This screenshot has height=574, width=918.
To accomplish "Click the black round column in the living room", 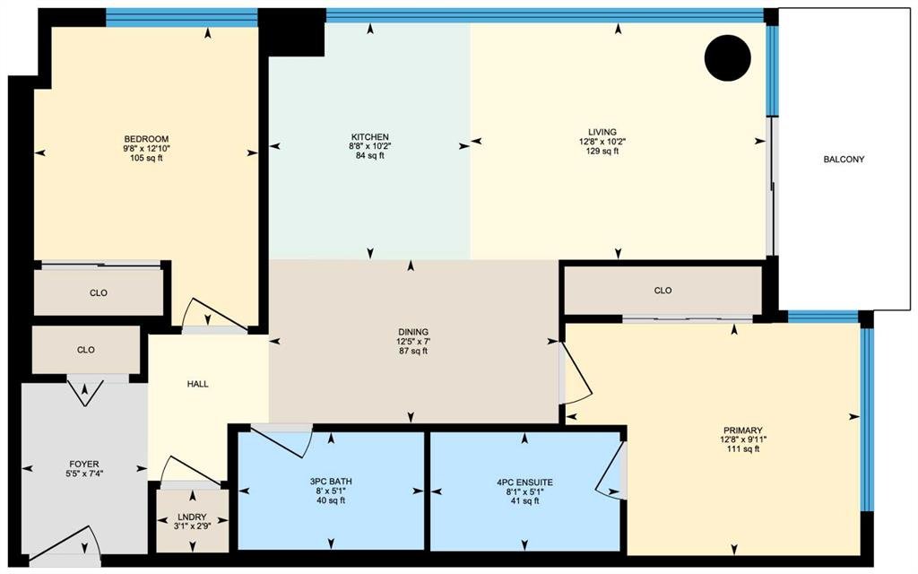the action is coord(727,57).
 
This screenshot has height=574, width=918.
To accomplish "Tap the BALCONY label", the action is coord(844,160).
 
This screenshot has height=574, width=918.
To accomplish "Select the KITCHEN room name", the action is coord(370,137).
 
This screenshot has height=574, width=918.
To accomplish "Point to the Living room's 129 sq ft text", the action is coord(602,151).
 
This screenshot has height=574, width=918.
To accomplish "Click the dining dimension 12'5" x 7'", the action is coord(413,342).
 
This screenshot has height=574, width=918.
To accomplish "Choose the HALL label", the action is coord(198,384).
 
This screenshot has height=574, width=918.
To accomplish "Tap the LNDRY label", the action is coord(192,517).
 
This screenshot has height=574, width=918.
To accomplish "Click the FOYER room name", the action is coord(84,464).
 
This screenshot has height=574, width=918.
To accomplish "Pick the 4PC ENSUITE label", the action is coord(524,483).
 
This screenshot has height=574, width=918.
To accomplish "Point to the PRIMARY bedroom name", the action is coord(743,430).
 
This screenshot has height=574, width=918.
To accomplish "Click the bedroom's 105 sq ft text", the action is coord(146,158).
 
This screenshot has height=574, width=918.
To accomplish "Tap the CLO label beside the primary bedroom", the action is coord(663,291).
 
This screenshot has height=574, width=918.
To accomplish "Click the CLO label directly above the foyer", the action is coord(85,350).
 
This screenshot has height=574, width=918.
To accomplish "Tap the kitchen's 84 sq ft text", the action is coord(370,156).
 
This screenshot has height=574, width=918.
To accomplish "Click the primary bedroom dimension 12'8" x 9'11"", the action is coord(743,439).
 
